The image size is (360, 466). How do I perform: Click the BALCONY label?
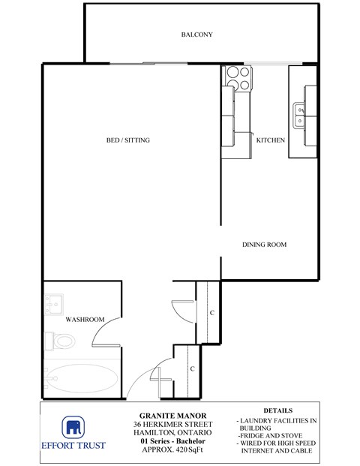[197, 35]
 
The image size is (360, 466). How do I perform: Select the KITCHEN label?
[270, 140]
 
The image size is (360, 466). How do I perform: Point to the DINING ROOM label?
[264, 245]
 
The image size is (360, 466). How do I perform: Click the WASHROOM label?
[84, 320]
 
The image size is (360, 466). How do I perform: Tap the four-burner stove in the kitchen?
[238, 74]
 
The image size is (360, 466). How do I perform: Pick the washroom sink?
[52, 305]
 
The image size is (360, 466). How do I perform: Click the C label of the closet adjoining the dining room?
[212, 312]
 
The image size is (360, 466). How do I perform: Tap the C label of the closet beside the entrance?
[193, 368]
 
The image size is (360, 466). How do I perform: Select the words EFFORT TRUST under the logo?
[73, 446]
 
